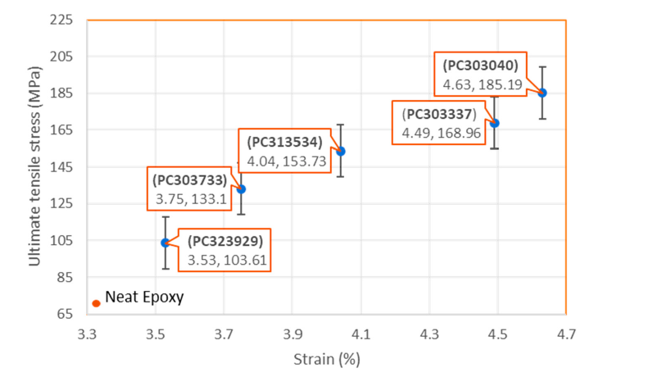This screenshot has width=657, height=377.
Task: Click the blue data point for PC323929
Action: tap(165, 243)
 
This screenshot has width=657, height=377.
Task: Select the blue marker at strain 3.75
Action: tap(241, 189)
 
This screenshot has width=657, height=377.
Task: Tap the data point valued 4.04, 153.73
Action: tap(341, 151)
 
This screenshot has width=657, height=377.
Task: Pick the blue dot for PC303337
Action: tap(495, 123)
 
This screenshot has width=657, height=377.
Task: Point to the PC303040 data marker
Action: tap(542, 93)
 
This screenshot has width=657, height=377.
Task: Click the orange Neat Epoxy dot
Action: tap(96, 303)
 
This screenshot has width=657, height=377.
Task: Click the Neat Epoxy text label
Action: tap(144, 298)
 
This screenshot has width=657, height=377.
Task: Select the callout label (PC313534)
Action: tap(282, 142)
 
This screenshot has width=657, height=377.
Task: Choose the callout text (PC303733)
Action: tap(193, 180)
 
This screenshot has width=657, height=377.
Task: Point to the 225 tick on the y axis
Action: tap(62, 20)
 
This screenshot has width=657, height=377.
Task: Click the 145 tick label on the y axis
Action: tap(62, 167)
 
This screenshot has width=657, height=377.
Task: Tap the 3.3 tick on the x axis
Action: tap(88, 334)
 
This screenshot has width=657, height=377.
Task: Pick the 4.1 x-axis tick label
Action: tap(361, 334)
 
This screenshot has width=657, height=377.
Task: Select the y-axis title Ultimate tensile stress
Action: tap(35, 167)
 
